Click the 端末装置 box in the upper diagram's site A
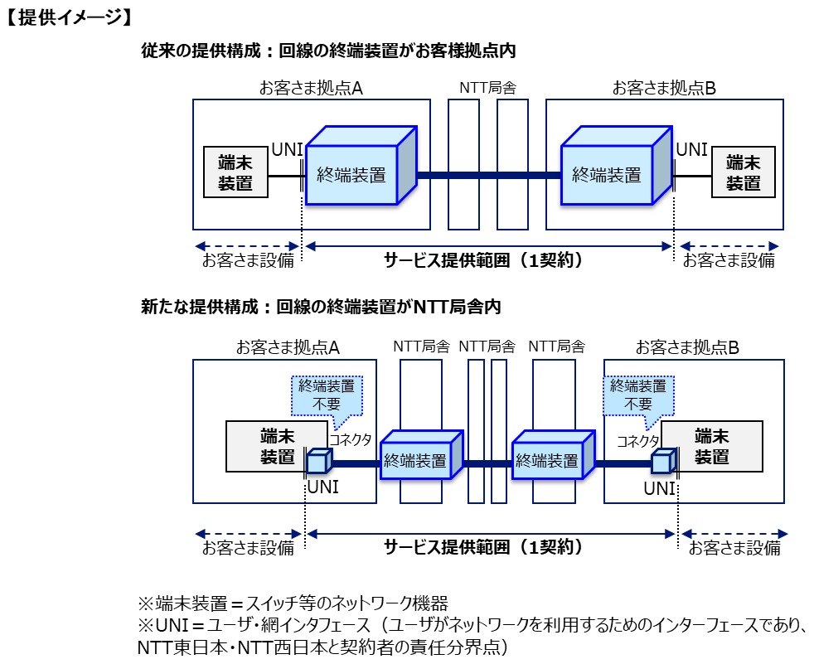pos(235,172)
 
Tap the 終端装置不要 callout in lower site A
pos(327,395)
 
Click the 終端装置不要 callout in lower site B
pos(637,395)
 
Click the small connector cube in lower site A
pos(318,462)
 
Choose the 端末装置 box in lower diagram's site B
pos(711,446)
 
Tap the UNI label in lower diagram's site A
pos(322,487)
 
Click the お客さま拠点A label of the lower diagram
pos(288,347)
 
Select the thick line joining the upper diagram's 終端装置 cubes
pos(489,175)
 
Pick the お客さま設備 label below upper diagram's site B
pos(729,260)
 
